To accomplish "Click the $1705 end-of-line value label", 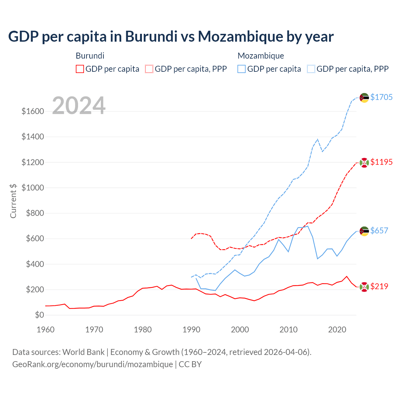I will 381,97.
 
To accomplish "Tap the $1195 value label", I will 381,162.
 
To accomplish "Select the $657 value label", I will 379,231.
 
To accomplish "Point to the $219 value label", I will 379,286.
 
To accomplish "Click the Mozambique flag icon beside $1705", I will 364,98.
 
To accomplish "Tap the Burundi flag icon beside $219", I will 364,287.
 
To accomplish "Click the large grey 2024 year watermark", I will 79,106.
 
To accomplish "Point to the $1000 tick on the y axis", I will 33,188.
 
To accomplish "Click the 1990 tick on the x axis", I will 191,330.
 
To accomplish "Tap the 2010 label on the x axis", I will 289,330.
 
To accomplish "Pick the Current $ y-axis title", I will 13,201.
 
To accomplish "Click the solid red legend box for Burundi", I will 80,69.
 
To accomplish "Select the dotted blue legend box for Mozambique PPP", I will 311,69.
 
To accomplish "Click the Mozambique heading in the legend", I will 261,56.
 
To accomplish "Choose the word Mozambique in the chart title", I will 240,36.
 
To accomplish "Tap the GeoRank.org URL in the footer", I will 92,364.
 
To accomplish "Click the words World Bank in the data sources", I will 83,352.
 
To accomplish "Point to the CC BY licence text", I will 190,364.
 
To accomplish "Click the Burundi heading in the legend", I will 90,56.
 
